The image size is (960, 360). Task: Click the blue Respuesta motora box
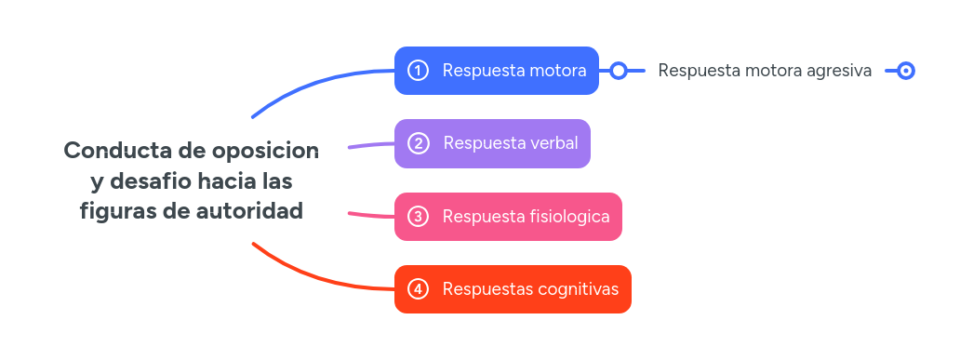[497, 71]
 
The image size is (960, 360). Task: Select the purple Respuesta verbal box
[492, 143]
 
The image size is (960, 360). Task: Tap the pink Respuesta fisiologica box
[508, 217]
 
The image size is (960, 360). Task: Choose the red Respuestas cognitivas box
[513, 289]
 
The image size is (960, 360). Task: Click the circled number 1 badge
[419, 71]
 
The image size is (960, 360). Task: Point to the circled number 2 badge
[419, 143]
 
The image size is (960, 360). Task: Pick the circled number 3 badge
[419, 217]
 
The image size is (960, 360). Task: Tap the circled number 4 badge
[419, 289]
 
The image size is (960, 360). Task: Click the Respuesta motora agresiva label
[764, 71]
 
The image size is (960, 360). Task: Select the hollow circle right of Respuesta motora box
[619, 71]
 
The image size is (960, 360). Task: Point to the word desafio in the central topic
[153, 180]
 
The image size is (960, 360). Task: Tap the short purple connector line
[370, 145]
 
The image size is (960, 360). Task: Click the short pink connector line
[370, 216]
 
